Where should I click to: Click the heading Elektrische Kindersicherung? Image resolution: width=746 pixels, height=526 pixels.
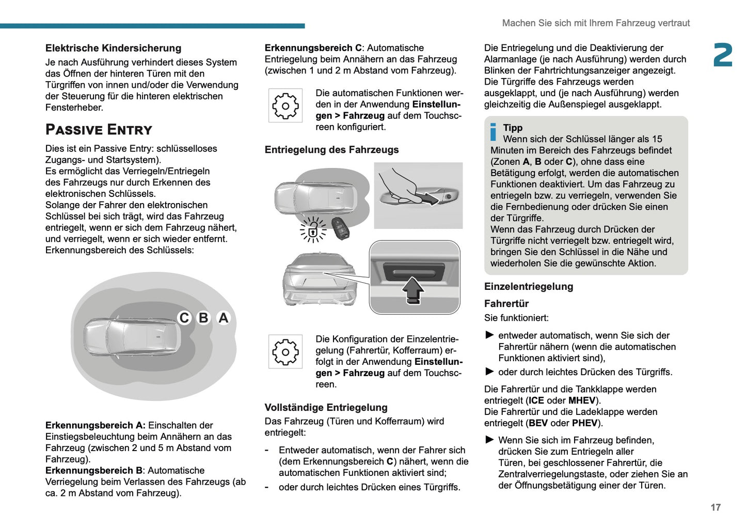click(x=113, y=48)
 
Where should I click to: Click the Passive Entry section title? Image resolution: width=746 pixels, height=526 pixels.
click(x=99, y=129)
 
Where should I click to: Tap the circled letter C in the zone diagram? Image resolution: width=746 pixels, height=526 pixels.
click(x=184, y=318)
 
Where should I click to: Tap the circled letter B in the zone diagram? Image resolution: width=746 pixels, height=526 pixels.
click(x=204, y=318)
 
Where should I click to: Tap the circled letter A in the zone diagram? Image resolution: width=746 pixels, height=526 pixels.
click(x=223, y=318)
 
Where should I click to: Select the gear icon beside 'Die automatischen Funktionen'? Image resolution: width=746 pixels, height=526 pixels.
click(x=285, y=105)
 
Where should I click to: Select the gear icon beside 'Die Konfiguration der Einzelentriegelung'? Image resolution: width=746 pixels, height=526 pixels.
click(x=285, y=352)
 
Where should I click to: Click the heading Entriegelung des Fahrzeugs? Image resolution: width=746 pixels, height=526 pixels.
click(x=331, y=150)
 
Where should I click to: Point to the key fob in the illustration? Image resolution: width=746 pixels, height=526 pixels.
click(x=340, y=227)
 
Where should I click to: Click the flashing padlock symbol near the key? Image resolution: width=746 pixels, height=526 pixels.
click(x=313, y=229)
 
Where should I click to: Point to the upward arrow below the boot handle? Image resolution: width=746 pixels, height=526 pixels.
click(x=412, y=290)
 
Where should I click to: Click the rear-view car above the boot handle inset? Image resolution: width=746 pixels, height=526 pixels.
click(x=319, y=280)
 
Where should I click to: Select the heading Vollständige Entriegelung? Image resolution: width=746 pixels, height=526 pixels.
click(x=326, y=408)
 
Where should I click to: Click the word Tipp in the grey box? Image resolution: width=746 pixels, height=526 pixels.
click(x=513, y=128)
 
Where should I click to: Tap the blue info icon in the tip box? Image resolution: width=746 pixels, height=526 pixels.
click(x=493, y=132)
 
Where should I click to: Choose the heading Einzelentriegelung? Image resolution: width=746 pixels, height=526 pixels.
click(x=528, y=287)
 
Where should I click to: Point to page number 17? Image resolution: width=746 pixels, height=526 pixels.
click(x=715, y=507)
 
